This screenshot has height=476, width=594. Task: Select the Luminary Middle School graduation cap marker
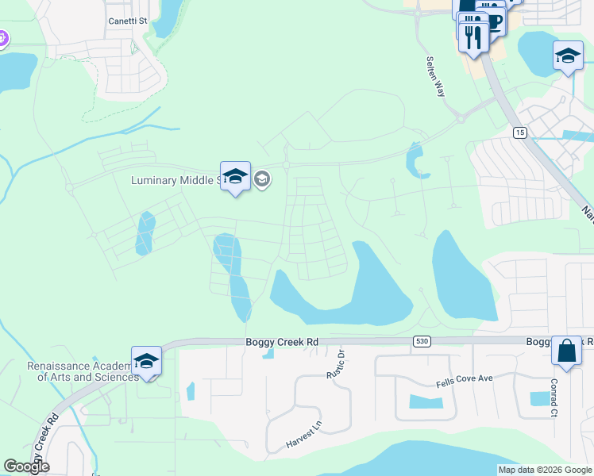coord(235,177)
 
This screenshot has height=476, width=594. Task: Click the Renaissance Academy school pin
coord(146,362)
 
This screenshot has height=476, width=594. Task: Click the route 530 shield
coord(422,341)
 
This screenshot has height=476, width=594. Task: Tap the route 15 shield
coord(519,132)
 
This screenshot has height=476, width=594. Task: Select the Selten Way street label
coord(436,77)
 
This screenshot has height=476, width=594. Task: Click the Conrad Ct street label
coord(553,397)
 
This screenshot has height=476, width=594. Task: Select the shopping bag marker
coord(567,351)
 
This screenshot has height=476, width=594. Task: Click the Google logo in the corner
coord(26,466)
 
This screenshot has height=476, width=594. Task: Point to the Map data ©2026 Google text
coord(545,470)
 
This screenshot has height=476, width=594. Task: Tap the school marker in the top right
coord(568,56)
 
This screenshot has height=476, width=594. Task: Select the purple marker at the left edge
coord(2,37)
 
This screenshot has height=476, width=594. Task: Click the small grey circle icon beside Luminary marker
coord(262,180)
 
